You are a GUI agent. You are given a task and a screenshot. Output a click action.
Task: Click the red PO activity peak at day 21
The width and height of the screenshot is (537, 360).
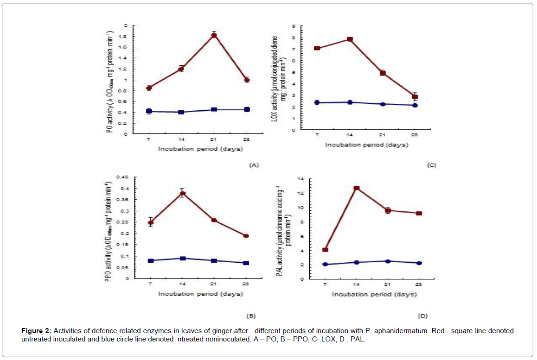(x=214, y=35)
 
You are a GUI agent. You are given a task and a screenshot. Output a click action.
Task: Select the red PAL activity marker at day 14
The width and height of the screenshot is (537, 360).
(x=357, y=188)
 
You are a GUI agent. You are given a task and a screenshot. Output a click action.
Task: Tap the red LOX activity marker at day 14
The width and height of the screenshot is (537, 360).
(x=350, y=39)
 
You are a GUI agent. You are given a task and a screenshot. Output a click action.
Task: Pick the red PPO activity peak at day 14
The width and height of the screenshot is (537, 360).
(x=182, y=194)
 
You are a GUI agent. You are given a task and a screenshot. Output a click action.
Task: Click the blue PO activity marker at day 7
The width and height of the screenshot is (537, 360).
(x=149, y=111)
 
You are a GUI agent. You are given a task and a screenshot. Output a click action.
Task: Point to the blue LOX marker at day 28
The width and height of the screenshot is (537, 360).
(x=415, y=105)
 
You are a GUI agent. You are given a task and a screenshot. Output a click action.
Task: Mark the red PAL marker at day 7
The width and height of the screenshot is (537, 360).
(x=325, y=250)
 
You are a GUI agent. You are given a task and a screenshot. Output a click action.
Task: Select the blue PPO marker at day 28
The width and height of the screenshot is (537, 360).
(x=246, y=263)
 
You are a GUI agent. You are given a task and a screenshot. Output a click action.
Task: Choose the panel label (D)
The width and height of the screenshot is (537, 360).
(x=422, y=316)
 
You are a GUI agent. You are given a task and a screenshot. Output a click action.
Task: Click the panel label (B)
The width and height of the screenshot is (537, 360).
(x=250, y=316)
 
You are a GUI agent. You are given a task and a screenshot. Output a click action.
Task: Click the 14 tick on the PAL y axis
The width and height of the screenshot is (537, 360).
(x=300, y=179)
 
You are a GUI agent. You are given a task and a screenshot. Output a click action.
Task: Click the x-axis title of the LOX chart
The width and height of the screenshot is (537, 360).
(x=366, y=145)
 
